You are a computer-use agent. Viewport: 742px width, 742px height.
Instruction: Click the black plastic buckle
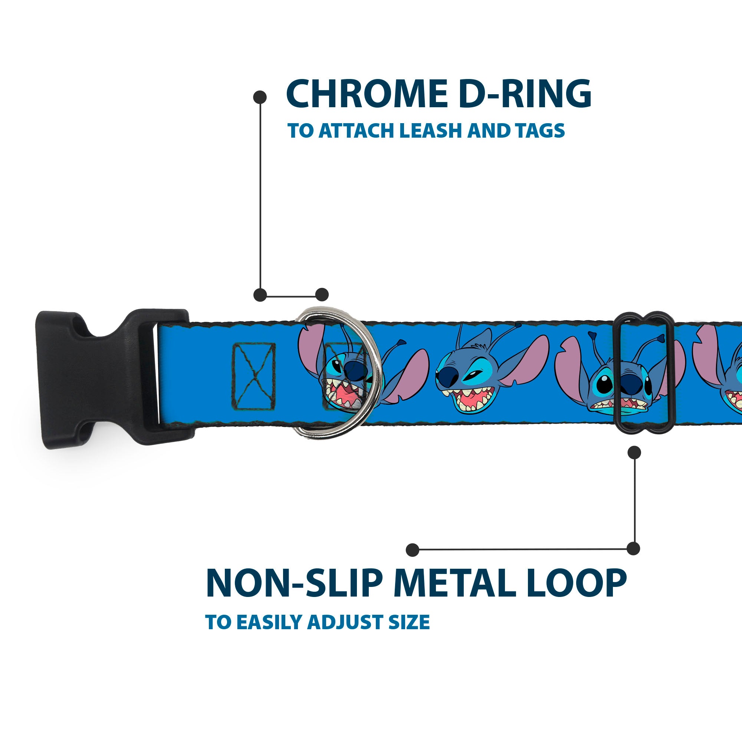96,378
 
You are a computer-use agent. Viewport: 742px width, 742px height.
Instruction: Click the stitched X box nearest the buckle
253,376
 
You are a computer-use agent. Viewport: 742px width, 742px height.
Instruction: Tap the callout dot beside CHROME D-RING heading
260,97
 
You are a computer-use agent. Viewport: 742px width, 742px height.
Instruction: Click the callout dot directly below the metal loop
634,452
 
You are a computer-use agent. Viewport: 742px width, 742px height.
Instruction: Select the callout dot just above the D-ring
322,295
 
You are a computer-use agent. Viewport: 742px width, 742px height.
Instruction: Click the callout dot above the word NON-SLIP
413,550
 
